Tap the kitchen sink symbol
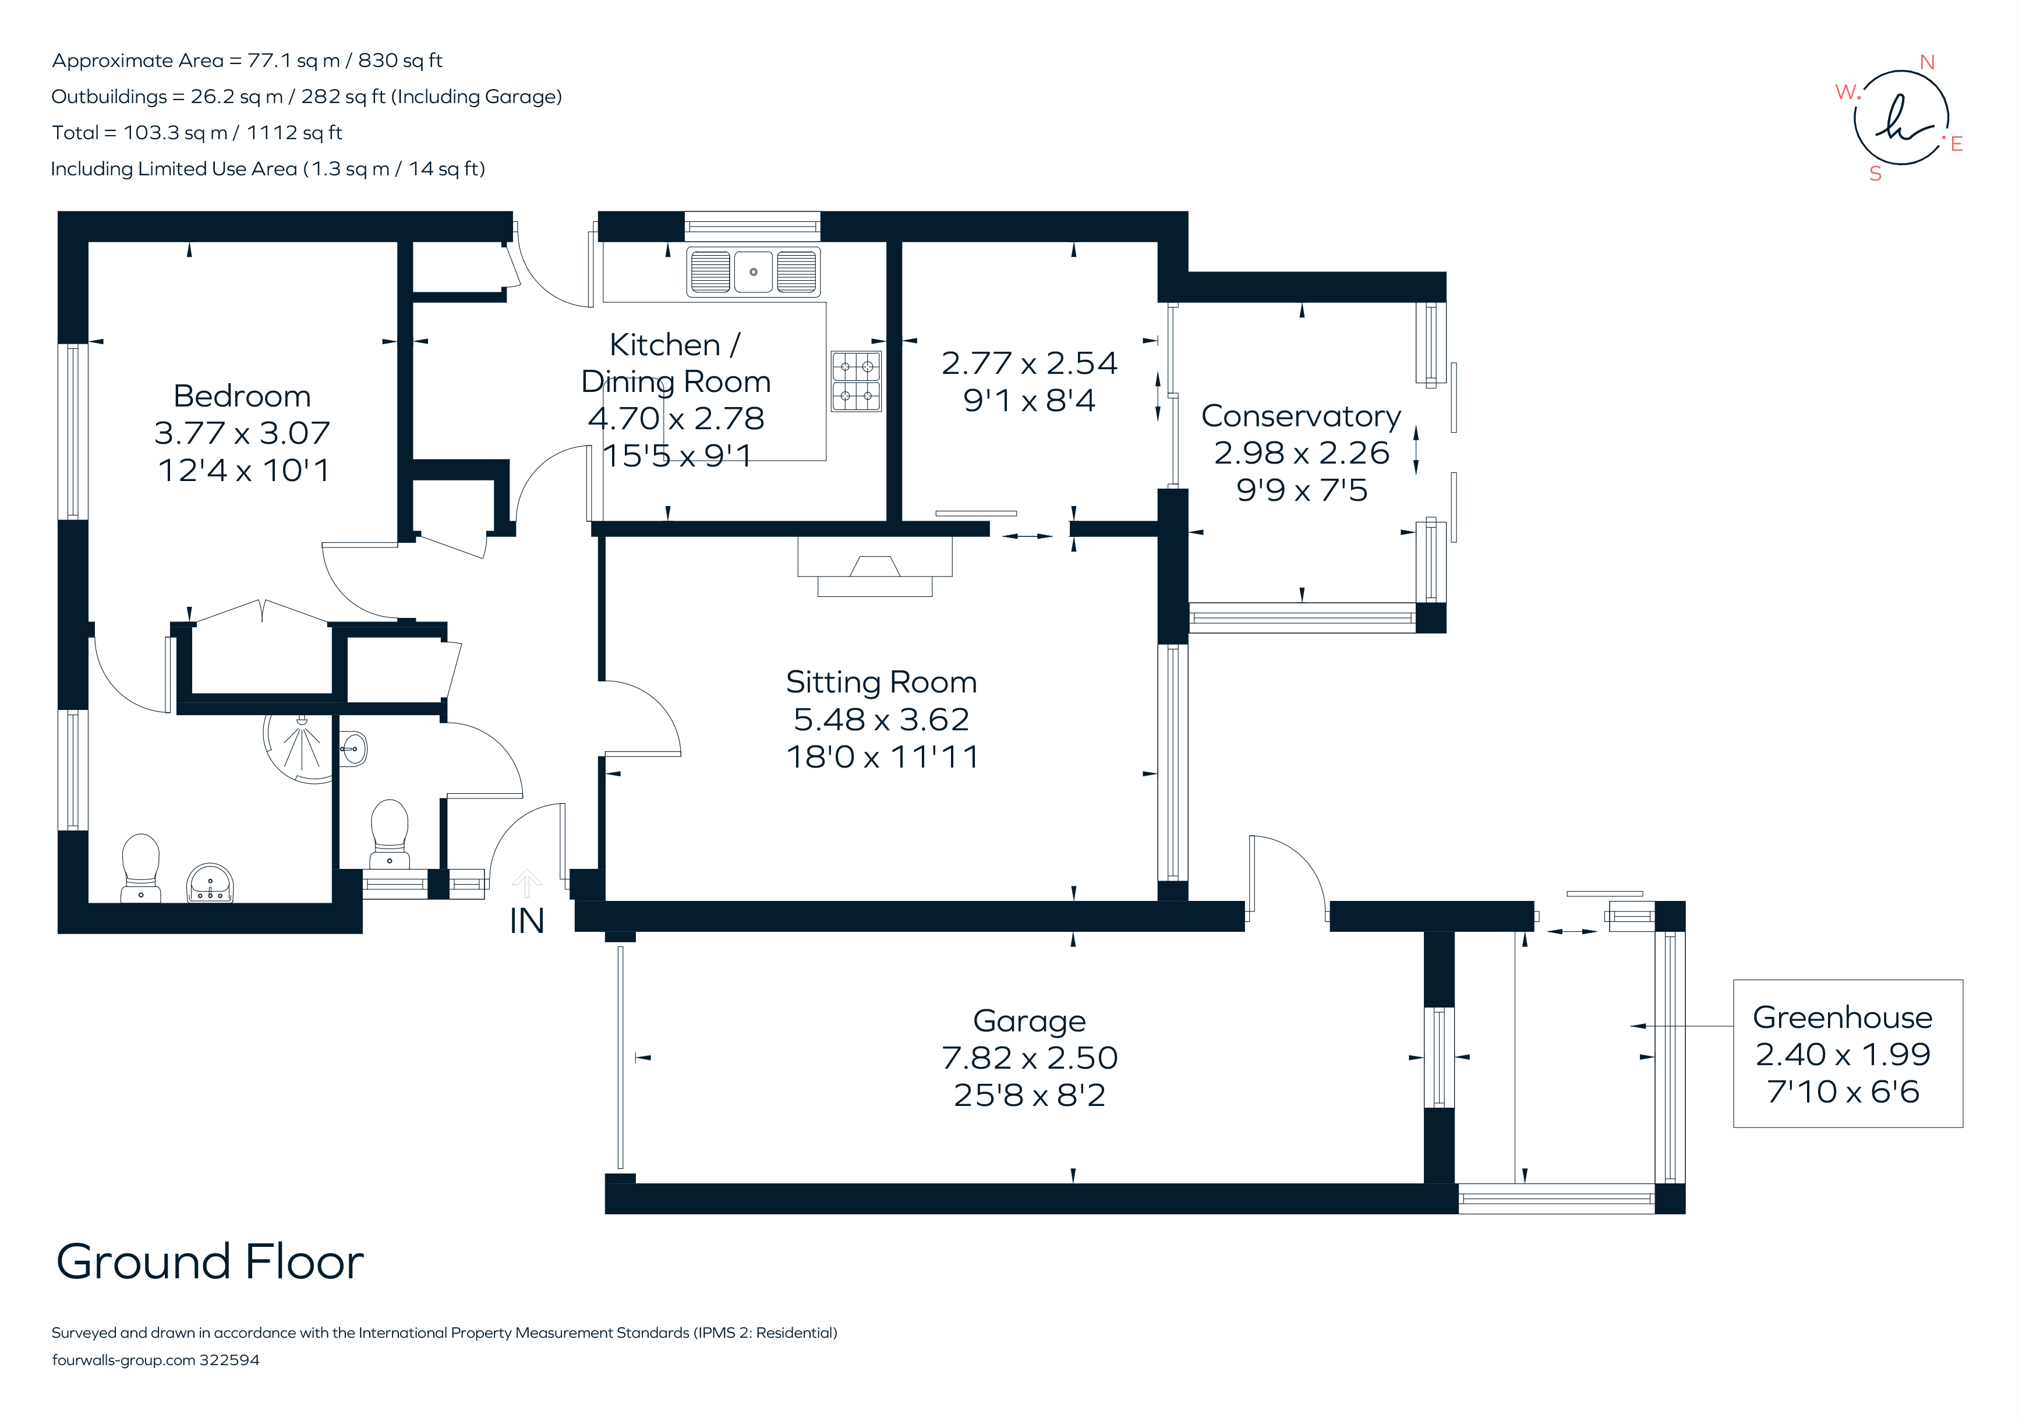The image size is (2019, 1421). pos(753,272)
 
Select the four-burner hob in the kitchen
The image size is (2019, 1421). pos(855,381)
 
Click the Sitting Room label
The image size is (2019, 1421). pos(881,683)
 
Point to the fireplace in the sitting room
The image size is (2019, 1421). pos(875,567)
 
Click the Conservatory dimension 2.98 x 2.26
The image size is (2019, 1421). pos(1302,453)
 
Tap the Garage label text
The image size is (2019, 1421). pos(1029,1021)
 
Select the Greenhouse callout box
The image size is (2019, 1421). pos(1848,1054)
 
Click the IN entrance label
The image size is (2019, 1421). pos(527,921)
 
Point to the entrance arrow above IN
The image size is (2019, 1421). pos(527,882)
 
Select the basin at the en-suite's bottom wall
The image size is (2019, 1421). pos(210,883)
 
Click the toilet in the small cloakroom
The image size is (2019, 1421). pos(390,831)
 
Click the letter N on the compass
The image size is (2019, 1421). pos(1926,62)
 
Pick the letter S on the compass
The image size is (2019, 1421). pos(1876,174)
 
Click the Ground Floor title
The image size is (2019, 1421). pos(210,1262)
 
